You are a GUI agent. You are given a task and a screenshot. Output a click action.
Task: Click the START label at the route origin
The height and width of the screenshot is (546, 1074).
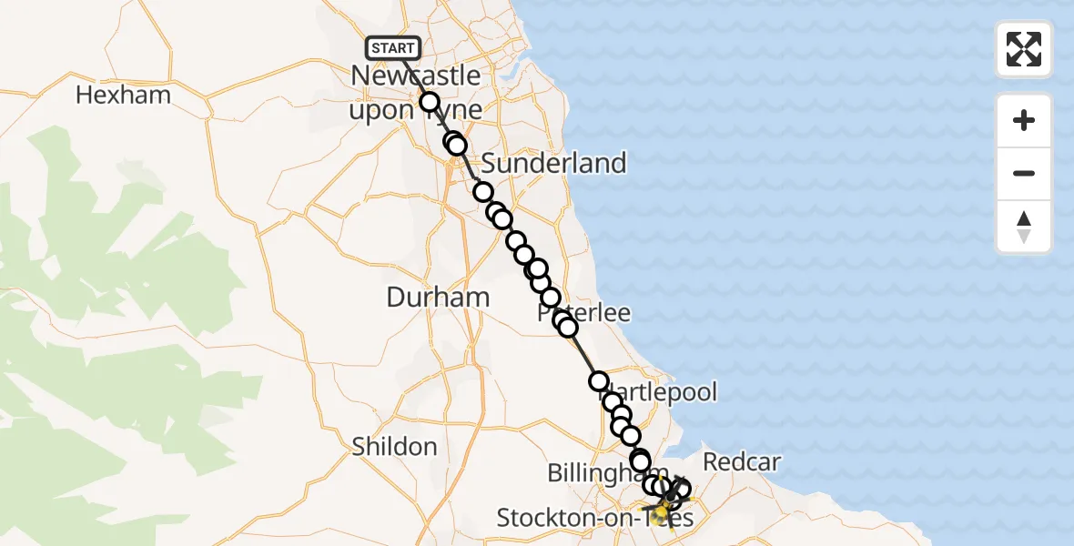pyautogui.click(x=393, y=48)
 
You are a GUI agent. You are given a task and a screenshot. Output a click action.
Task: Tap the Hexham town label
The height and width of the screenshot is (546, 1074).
pyautogui.click(x=123, y=95)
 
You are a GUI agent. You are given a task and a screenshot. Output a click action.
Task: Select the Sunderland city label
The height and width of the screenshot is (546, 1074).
pyautogui.click(x=553, y=164)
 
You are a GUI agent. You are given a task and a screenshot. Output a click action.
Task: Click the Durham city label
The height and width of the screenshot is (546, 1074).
pyautogui.click(x=438, y=297)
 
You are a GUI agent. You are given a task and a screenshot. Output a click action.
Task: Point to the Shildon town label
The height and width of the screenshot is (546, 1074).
pyautogui.click(x=394, y=447)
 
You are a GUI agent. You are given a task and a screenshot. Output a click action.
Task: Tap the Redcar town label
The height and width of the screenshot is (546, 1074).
pyautogui.click(x=743, y=462)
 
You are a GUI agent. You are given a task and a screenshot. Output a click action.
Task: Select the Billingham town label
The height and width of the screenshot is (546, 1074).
pyautogui.click(x=596, y=473)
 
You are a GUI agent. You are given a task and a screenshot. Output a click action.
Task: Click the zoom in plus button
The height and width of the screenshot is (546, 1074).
pyautogui.click(x=1024, y=120)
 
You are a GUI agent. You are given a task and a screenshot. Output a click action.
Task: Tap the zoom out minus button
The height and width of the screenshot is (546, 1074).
pyautogui.click(x=1024, y=173)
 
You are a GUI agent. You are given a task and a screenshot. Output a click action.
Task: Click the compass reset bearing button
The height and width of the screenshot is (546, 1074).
pyautogui.click(x=1024, y=227)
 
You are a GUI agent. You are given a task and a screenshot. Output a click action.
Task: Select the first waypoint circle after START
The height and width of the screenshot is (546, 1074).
pyautogui.click(x=430, y=102)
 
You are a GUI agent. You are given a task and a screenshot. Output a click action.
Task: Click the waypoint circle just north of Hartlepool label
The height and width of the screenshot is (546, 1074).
pyautogui.click(x=599, y=381)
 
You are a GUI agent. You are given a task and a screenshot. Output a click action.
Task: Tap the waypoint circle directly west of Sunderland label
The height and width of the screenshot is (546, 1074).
pyautogui.click(x=457, y=145)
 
